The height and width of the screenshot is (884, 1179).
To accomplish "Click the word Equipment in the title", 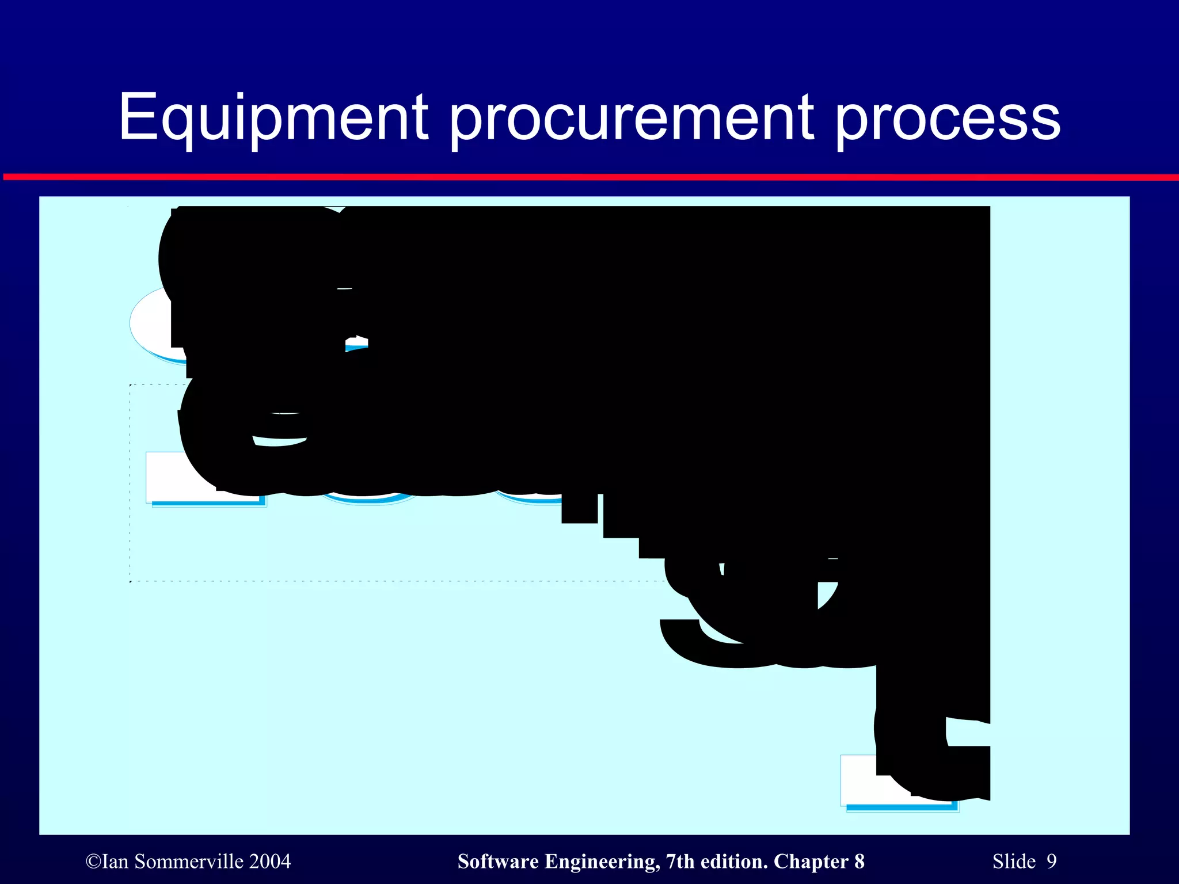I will click(x=273, y=118).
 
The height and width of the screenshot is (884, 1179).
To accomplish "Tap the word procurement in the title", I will click(x=631, y=118).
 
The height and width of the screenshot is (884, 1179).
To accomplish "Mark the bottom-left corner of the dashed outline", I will click(x=131, y=582).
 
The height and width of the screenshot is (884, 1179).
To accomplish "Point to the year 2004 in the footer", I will click(x=270, y=862).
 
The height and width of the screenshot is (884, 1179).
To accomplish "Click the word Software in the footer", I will click(x=498, y=862).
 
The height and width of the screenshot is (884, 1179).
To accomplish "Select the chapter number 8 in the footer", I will click(x=859, y=862).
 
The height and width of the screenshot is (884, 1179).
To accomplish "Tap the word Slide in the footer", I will click(x=1014, y=862).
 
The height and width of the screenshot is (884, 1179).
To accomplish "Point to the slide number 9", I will click(x=1052, y=862).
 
